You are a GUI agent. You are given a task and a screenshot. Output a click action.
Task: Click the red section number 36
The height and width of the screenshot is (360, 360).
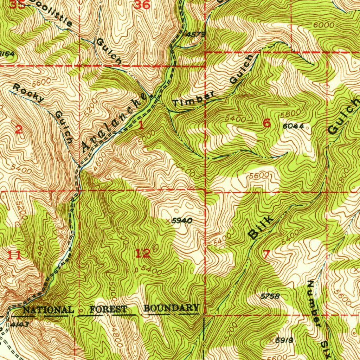coord(142,5)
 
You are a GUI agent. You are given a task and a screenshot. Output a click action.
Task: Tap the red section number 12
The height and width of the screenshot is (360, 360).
coord(143,253)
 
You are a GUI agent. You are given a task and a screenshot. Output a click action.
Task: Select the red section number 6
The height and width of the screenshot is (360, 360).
coord(267,123)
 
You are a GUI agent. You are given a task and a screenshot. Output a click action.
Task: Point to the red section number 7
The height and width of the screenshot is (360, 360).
coord(266,254)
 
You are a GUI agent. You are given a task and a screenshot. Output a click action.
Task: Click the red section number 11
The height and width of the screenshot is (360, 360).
coord(14,256)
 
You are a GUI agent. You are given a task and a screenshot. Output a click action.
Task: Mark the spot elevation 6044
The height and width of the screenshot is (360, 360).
coord(293,126)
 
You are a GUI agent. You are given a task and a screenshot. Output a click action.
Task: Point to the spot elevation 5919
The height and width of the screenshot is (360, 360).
coord(284,340)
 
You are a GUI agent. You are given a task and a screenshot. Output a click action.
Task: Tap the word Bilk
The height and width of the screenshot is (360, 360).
coord(260,228)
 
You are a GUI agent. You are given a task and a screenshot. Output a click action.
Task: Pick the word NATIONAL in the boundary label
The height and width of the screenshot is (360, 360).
coord(48,310)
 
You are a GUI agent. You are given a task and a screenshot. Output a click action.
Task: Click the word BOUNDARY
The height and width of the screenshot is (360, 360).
coord(172,308)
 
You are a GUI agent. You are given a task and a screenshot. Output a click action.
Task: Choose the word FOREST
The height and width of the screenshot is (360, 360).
coord(108,309)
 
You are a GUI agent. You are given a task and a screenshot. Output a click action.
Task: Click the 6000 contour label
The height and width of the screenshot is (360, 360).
coord(323,25)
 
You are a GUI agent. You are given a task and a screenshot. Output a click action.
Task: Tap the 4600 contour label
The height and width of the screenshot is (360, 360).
coord(92,163)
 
